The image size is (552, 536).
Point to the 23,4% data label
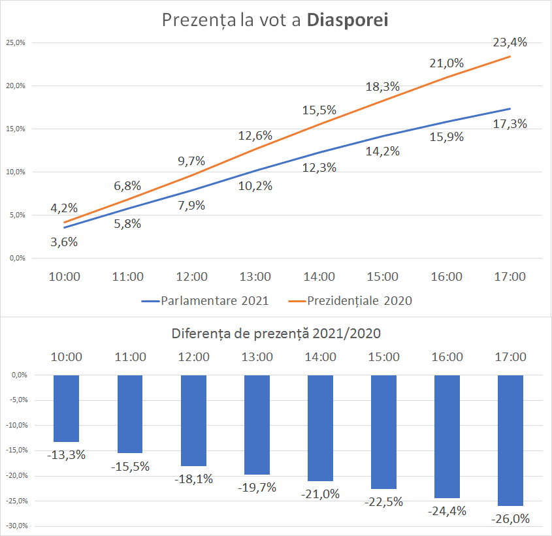point(510,42)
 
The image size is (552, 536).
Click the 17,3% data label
point(510,123)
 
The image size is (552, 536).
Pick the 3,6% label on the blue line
point(64,242)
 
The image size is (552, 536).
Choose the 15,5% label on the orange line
point(319,110)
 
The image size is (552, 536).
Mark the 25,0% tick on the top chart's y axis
point(15,43)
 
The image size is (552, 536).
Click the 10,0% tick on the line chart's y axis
point(15,172)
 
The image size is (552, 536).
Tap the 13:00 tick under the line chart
point(255,277)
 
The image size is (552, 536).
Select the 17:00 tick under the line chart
point(510,277)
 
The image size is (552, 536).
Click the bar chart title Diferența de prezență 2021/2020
point(276,334)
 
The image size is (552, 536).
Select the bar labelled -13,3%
point(66,408)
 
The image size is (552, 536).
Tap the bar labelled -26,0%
point(510,440)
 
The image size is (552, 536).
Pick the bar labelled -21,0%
point(320,428)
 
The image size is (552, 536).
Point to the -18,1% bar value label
point(193,479)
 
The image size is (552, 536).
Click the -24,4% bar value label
point(447,511)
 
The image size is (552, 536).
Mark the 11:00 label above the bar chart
point(130,357)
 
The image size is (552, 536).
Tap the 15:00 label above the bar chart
point(383,357)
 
